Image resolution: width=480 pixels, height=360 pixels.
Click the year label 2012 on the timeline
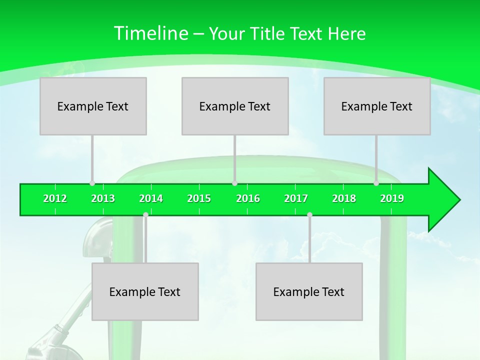tap(55, 198)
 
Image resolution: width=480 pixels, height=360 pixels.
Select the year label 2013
tap(103, 198)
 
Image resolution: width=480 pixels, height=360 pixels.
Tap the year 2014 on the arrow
tap(151, 198)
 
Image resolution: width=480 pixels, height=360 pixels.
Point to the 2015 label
tap(199, 198)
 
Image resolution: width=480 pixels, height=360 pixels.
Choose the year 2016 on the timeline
tap(248, 198)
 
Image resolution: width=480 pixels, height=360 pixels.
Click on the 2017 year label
tap(296, 198)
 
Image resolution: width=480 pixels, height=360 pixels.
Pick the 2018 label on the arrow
tap(344, 198)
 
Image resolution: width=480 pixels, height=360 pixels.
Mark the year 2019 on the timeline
tap(392, 198)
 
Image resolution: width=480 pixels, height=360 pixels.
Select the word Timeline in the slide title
tap(150, 33)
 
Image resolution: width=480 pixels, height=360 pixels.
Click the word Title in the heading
tap(268, 33)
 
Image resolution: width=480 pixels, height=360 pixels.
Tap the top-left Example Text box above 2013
tap(93, 106)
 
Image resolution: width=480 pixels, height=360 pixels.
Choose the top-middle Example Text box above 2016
tap(235, 106)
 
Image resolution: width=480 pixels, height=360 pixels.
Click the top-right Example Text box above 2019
tap(377, 106)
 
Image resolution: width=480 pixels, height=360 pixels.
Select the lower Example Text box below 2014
tap(145, 291)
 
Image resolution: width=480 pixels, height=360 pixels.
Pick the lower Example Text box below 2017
tap(309, 291)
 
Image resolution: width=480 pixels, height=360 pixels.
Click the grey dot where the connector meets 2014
tap(145, 214)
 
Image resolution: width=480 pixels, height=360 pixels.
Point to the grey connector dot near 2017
tap(309, 214)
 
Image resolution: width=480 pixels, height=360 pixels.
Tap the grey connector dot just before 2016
tap(234, 183)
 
